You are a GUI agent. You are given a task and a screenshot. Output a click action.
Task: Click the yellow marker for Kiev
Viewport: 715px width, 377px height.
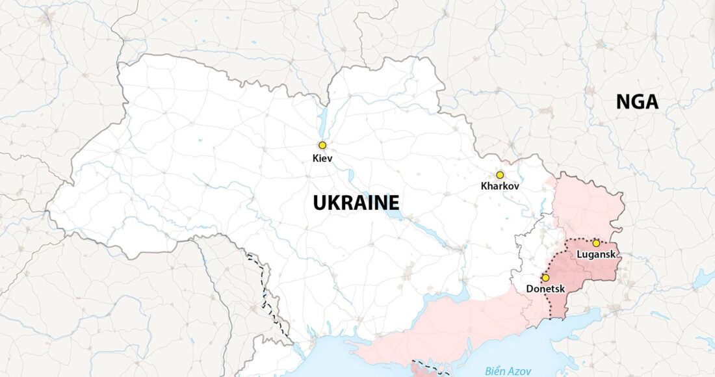point(322,146)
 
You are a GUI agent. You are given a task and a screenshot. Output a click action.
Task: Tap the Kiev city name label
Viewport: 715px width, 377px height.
point(322,157)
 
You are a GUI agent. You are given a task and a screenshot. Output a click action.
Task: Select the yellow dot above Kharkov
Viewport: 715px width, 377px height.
point(500,175)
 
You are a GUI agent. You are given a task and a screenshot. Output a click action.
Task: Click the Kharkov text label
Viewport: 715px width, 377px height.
point(500,187)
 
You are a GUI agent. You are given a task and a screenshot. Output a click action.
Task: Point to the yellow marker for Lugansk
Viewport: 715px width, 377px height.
point(596,243)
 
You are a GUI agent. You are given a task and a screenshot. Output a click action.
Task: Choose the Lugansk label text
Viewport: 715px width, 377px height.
point(596,255)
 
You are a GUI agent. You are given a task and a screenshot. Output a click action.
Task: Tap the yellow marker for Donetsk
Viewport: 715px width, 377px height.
point(545,278)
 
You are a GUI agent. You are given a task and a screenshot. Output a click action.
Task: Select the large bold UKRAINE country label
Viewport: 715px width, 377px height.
point(356,203)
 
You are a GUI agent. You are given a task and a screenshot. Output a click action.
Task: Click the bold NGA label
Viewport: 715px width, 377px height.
point(637,102)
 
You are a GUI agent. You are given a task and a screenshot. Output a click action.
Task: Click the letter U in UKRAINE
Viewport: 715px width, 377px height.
point(319,203)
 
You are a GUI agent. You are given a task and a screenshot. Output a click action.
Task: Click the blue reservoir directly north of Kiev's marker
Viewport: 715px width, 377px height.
point(322,120)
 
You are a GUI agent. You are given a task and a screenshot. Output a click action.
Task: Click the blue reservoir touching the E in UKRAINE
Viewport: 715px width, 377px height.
point(391,204)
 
